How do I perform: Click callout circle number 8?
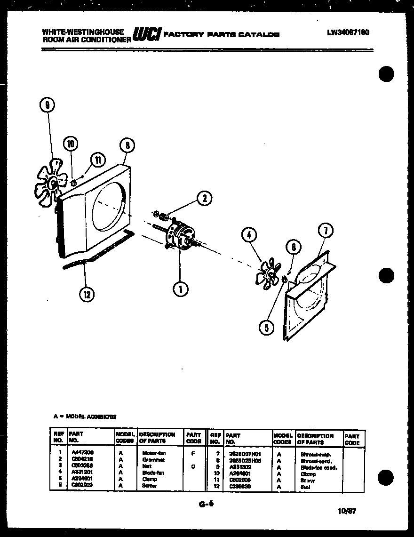click(x=127, y=146)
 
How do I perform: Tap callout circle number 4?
click(x=250, y=234)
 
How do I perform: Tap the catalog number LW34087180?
click(x=348, y=33)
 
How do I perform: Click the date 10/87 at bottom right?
click(x=347, y=510)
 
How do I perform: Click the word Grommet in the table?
click(x=153, y=459)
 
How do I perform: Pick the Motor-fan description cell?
click(x=153, y=453)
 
